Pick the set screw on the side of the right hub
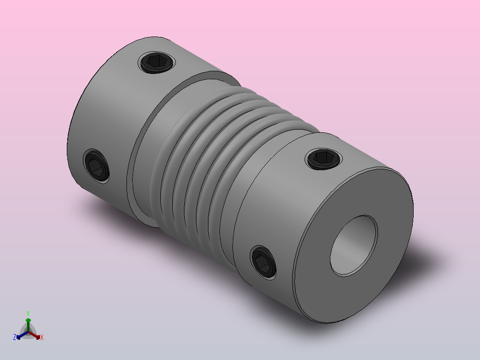(263, 262)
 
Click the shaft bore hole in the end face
(354, 245)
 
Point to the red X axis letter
(41, 338)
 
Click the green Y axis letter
(28, 313)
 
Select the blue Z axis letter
(15, 337)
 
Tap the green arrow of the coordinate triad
(28, 323)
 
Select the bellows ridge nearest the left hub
(167, 160)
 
